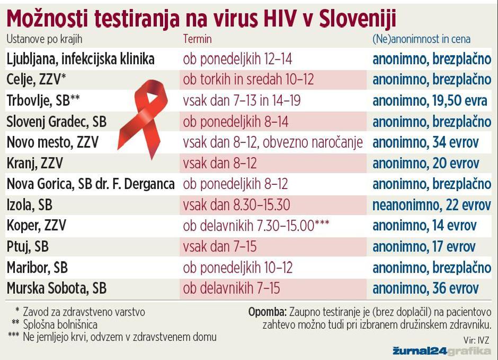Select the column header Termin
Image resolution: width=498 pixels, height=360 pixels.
[x=197, y=39]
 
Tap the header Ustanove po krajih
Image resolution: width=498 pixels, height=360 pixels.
[x=45, y=39]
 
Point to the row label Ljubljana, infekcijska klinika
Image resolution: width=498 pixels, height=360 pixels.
[x=81, y=59]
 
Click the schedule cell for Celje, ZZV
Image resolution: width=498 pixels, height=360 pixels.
[x=248, y=79]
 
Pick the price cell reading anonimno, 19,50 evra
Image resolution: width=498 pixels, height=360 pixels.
[x=430, y=100]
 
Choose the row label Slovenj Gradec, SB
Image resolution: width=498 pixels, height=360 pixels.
[x=57, y=121]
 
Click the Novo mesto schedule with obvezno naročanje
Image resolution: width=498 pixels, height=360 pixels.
[x=273, y=142]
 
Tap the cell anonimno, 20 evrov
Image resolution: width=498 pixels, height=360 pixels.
[x=425, y=163]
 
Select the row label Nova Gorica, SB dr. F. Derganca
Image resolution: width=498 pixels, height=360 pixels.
[x=91, y=184]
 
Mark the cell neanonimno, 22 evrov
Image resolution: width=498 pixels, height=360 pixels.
[x=431, y=204]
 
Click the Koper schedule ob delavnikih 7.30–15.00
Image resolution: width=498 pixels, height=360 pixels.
[x=256, y=226]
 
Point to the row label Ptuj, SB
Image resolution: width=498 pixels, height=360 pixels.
[x=28, y=246]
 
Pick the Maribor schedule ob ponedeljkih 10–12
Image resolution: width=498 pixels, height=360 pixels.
[x=238, y=267]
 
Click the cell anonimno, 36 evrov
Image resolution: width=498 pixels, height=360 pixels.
[x=425, y=288]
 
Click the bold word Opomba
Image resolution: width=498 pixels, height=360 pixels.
[x=268, y=312]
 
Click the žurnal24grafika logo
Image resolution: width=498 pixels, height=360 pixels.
[x=441, y=350]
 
